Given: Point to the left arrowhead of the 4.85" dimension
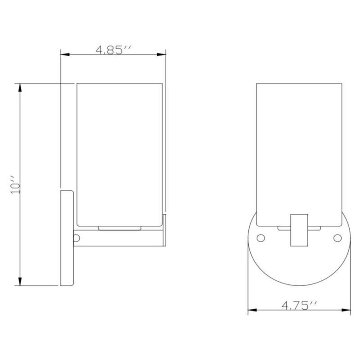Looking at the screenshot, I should point(64,55).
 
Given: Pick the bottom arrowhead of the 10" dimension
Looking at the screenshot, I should point(19,283).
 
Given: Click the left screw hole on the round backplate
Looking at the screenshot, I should point(260,237).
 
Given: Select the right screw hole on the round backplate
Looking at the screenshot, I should point(337,237).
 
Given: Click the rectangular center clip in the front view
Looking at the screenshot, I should point(298,229).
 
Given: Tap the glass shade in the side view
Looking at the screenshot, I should point(119,153).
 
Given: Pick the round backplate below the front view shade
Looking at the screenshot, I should point(298,265).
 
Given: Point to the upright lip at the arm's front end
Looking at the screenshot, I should point(165,229).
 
